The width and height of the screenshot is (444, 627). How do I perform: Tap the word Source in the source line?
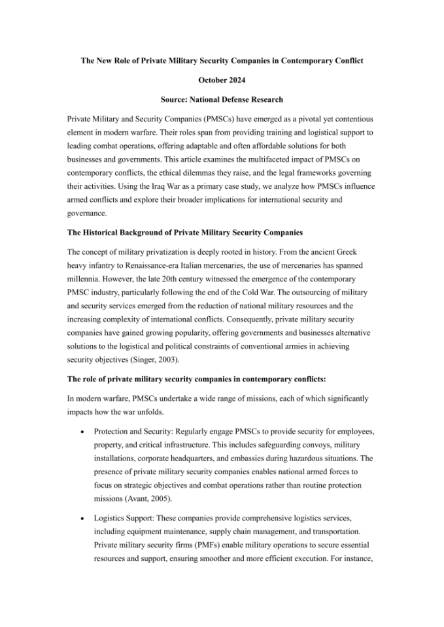click(x=175, y=99)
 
